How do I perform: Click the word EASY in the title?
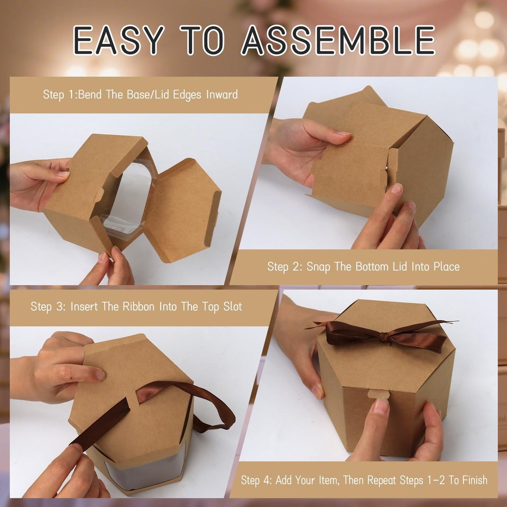click(119, 40)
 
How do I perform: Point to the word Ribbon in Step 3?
click(139, 306)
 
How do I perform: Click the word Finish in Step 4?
click(472, 480)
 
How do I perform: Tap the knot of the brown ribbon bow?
click(382, 338)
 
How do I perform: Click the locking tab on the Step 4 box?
click(379, 394)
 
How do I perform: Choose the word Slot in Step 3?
click(233, 306)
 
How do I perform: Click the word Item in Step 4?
click(329, 480)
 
